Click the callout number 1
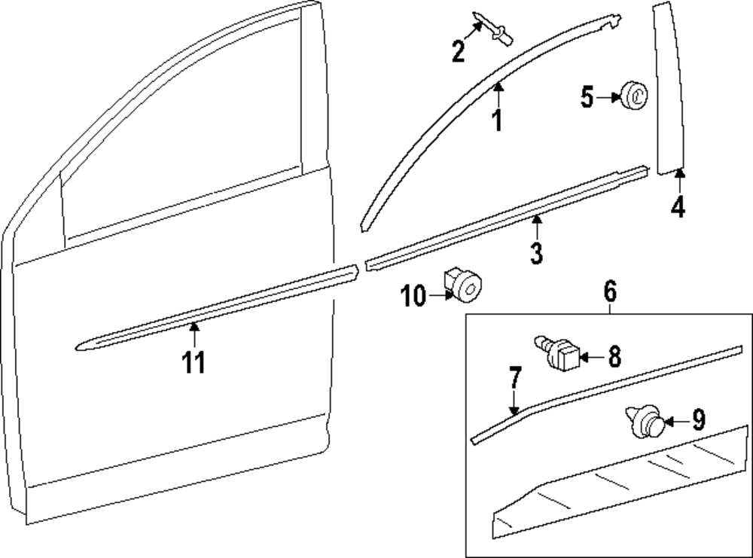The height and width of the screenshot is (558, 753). tap(496, 120)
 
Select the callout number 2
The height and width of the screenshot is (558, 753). tap(459, 51)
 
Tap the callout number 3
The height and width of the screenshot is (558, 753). tap(535, 253)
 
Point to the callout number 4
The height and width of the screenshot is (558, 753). tap(678, 206)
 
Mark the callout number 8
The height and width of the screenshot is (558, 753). tap(615, 356)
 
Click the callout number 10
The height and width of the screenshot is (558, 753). tap(413, 297)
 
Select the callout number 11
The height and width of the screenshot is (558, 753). tap(194, 363)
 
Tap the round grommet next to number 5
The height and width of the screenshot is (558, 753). tap(633, 96)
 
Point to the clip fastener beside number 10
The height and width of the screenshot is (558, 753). tap(462, 285)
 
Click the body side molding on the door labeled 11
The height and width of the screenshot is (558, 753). tap(218, 311)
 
